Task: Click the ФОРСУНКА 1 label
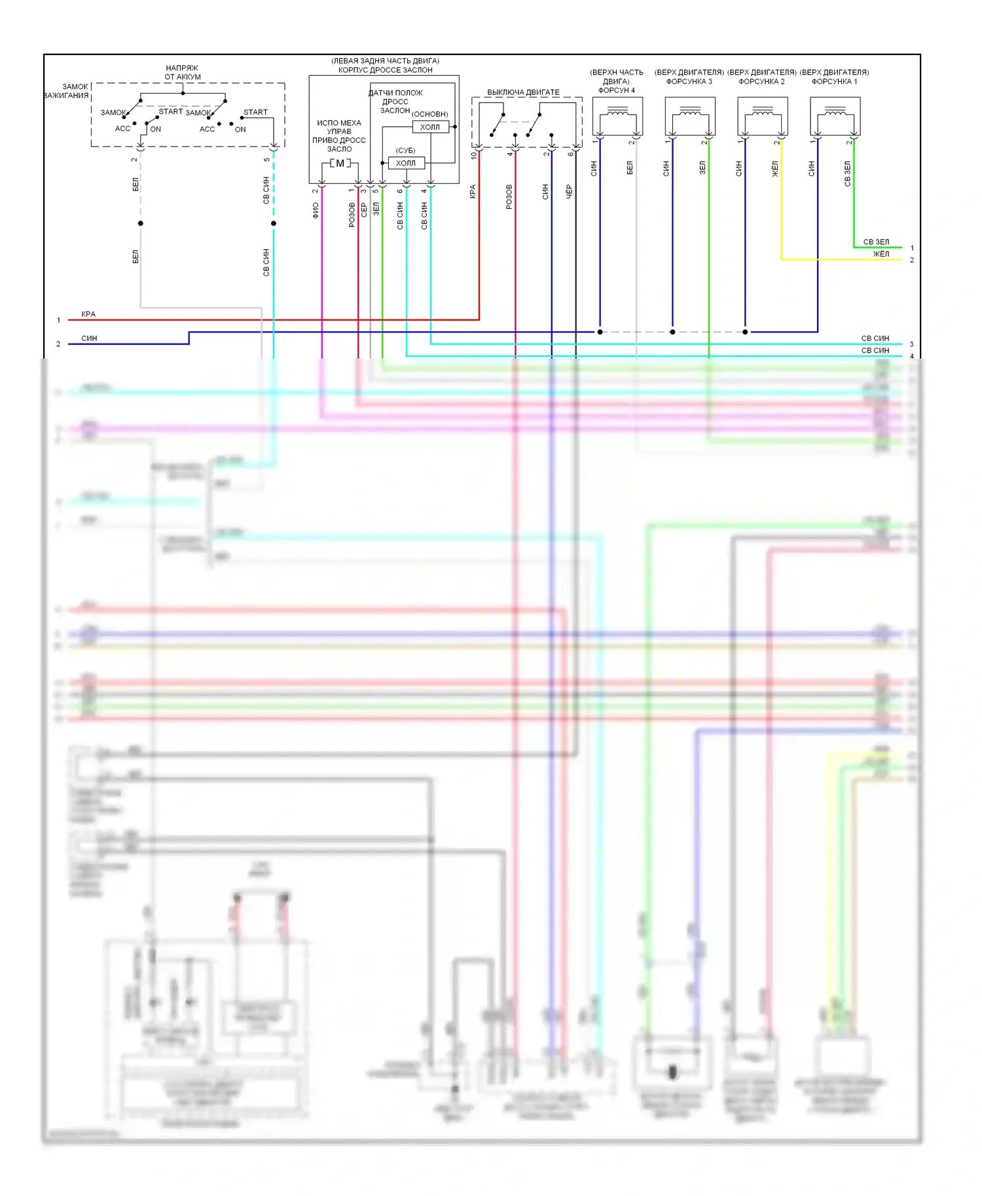tap(834, 82)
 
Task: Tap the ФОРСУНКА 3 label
tap(689, 82)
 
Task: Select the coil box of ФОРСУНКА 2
tap(762, 116)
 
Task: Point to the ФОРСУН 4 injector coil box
tap(617, 116)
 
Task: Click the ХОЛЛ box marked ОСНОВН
tap(430, 127)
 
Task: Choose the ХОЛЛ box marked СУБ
tap(406, 163)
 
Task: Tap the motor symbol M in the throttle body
tap(340, 163)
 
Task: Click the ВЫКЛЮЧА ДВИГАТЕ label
tap(523, 92)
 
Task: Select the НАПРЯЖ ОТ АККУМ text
tap(183, 72)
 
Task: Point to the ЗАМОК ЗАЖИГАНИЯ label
tap(67, 91)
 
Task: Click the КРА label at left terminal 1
tap(88, 314)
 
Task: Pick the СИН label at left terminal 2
tap(89, 338)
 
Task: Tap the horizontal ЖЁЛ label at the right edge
tap(881, 254)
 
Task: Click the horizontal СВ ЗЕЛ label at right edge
tap(876, 242)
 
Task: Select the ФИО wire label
tap(316, 210)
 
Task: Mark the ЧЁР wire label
tap(569, 191)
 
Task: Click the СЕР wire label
tap(364, 210)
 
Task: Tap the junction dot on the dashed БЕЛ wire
tap(141, 223)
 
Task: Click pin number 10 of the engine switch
tap(473, 156)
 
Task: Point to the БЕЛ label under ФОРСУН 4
tap(630, 168)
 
